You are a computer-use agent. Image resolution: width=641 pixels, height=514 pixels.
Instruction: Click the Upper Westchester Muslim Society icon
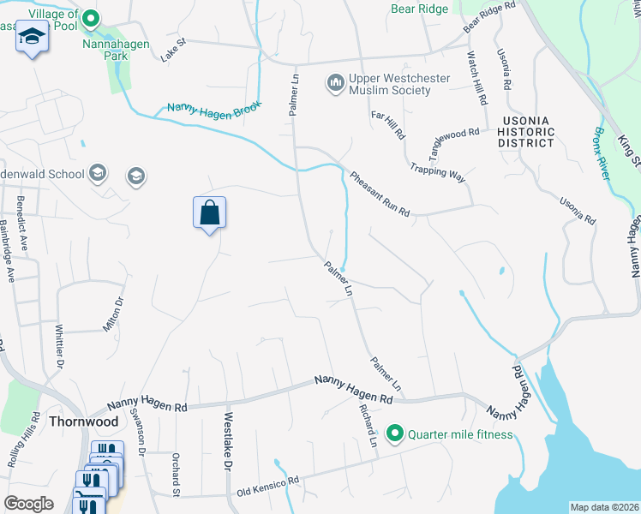coord(335,84)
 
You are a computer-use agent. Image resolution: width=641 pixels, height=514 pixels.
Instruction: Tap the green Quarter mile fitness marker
coord(395,434)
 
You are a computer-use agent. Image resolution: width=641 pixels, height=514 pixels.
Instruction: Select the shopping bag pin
coord(210,212)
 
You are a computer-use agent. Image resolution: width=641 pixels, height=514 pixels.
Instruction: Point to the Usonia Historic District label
coord(525,132)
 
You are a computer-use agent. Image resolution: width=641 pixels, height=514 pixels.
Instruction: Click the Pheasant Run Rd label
coord(380,194)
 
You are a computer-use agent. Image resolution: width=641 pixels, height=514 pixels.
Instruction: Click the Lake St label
coord(173,55)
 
